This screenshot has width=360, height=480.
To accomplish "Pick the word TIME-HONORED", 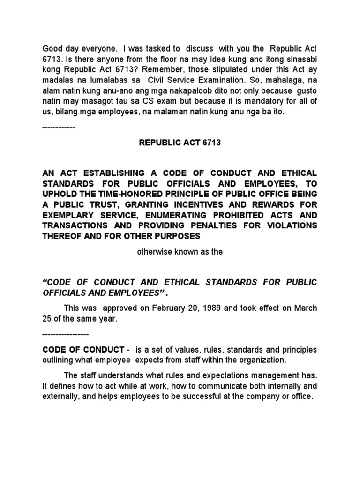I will pyautogui.click(x=119, y=194).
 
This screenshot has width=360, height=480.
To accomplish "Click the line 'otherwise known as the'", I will pyautogui.click(x=180, y=252).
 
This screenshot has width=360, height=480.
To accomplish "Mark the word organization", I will pyautogui.click(x=262, y=360).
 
